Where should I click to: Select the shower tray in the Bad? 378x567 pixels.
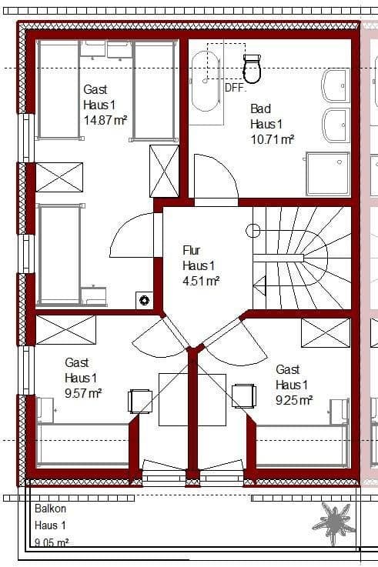327,173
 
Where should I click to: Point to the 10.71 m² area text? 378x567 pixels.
272,139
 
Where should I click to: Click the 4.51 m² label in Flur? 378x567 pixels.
201,281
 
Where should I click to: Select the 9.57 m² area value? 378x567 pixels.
84,392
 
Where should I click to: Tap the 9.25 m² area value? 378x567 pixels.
294,400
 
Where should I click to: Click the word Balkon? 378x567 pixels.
50,509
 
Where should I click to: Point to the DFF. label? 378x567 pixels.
235,88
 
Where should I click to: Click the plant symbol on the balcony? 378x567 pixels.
334,524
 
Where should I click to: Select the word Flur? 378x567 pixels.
191,250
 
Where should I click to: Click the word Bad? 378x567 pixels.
260,109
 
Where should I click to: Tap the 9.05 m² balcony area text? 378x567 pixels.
52,542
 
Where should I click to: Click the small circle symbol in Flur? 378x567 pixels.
253,229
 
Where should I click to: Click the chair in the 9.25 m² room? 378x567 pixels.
243,395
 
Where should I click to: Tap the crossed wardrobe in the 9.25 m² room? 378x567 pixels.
325,332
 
